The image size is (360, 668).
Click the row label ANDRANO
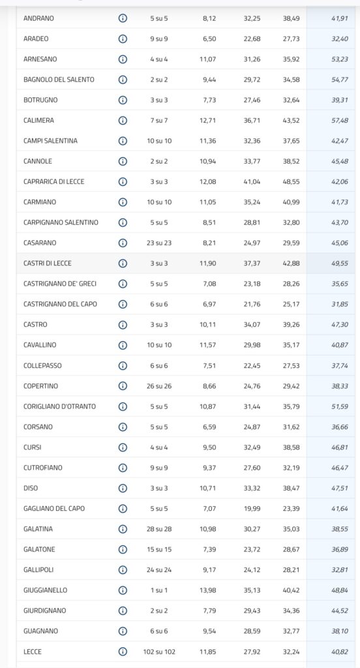tap(38, 18)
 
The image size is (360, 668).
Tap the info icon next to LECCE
tap(123, 652)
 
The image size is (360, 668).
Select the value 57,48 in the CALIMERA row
tap(340, 121)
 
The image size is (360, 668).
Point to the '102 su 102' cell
tap(159, 652)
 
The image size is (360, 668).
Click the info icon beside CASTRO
tap(123, 325)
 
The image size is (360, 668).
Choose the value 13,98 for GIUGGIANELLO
tap(208, 590)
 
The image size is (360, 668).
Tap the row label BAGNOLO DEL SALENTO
tap(59, 80)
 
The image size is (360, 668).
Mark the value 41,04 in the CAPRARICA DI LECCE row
tap(252, 181)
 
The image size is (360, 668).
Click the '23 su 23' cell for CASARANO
tap(159, 243)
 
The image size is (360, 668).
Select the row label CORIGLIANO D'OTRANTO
tap(59, 406)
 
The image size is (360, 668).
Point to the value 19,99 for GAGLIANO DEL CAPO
tap(252, 508)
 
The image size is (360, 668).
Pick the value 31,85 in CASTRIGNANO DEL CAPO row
tap(340, 304)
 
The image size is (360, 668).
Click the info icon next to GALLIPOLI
tap(123, 569)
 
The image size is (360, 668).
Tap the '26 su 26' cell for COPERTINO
tap(159, 386)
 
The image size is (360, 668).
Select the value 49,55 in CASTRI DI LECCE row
tap(340, 264)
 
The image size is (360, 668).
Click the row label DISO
tap(31, 488)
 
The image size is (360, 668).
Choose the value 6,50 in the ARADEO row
tap(209, 38)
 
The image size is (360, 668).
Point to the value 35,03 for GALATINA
tap(291, 528)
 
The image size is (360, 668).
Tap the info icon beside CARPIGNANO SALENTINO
tap(123, 222)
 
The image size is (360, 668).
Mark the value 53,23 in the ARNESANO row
tap(340, 59)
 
